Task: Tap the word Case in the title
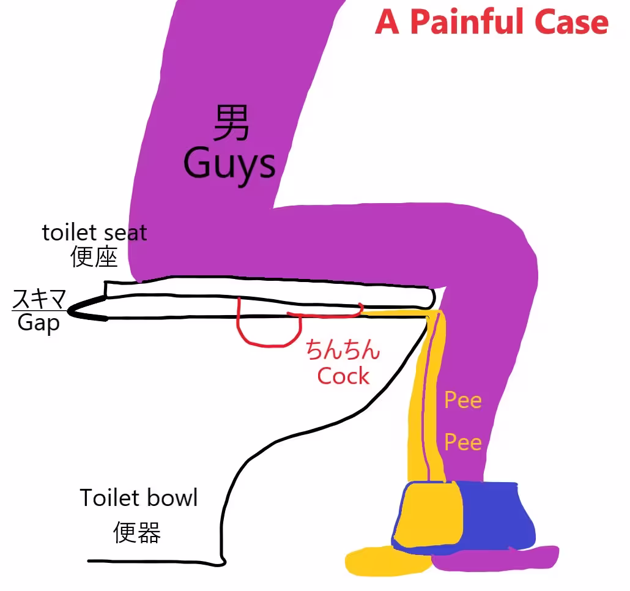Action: point(572,22)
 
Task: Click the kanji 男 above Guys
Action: point(231,123)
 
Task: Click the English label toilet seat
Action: point(94,232)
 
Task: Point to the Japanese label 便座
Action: point(94,257)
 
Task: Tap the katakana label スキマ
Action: point(39,299)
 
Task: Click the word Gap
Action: point(39,322)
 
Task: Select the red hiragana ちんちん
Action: point(343,349)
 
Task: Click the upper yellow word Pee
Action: point(463,400)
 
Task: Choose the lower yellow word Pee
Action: point(463,442)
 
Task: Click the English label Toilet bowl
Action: point(139,498)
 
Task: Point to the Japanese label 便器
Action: point(137,532)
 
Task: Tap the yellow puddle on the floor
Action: point(386,560)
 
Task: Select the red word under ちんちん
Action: point(343,376)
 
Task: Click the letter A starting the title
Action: point(387,22)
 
